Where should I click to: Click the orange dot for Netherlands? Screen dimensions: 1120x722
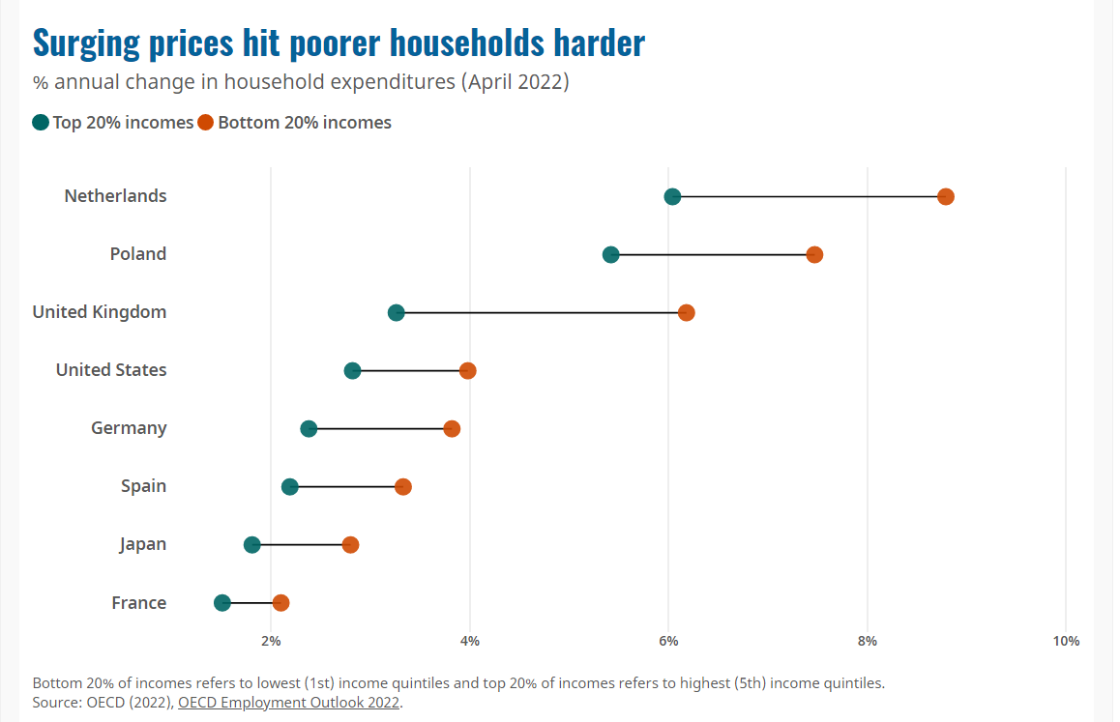(x=946, y=196)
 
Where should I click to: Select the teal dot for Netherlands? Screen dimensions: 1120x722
(x=672, y=196)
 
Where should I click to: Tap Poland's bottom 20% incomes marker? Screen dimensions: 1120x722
(x=814, y=255)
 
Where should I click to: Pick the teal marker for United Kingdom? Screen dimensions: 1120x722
(x=396, y=313)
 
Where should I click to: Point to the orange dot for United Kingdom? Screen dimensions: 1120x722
(x=687, y=313)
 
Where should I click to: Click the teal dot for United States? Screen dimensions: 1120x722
(x=352, y=370)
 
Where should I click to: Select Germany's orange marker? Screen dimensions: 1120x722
(x=452, y=429)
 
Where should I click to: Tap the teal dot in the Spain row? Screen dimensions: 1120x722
(x=289, y=487)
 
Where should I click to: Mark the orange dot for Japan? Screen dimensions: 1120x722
(x=350, y=545)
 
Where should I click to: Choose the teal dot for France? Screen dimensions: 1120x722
(x=222, y=603)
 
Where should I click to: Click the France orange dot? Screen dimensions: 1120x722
(x=280, y=603)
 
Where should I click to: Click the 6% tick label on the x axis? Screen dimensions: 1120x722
(x=668, y=642)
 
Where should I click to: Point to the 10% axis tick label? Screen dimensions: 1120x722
(x=1066, y=642)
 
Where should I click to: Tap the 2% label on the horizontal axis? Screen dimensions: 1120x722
(x=271, y=642)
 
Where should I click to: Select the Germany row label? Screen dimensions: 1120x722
(x=129, y=428)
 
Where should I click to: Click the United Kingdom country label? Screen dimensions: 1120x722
(x=100, y=312)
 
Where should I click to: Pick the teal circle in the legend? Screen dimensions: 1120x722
(x=41, y=123)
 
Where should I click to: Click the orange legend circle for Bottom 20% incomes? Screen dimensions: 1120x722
(x=206, y=123)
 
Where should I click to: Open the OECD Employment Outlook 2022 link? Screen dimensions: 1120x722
(x=288, y=703)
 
